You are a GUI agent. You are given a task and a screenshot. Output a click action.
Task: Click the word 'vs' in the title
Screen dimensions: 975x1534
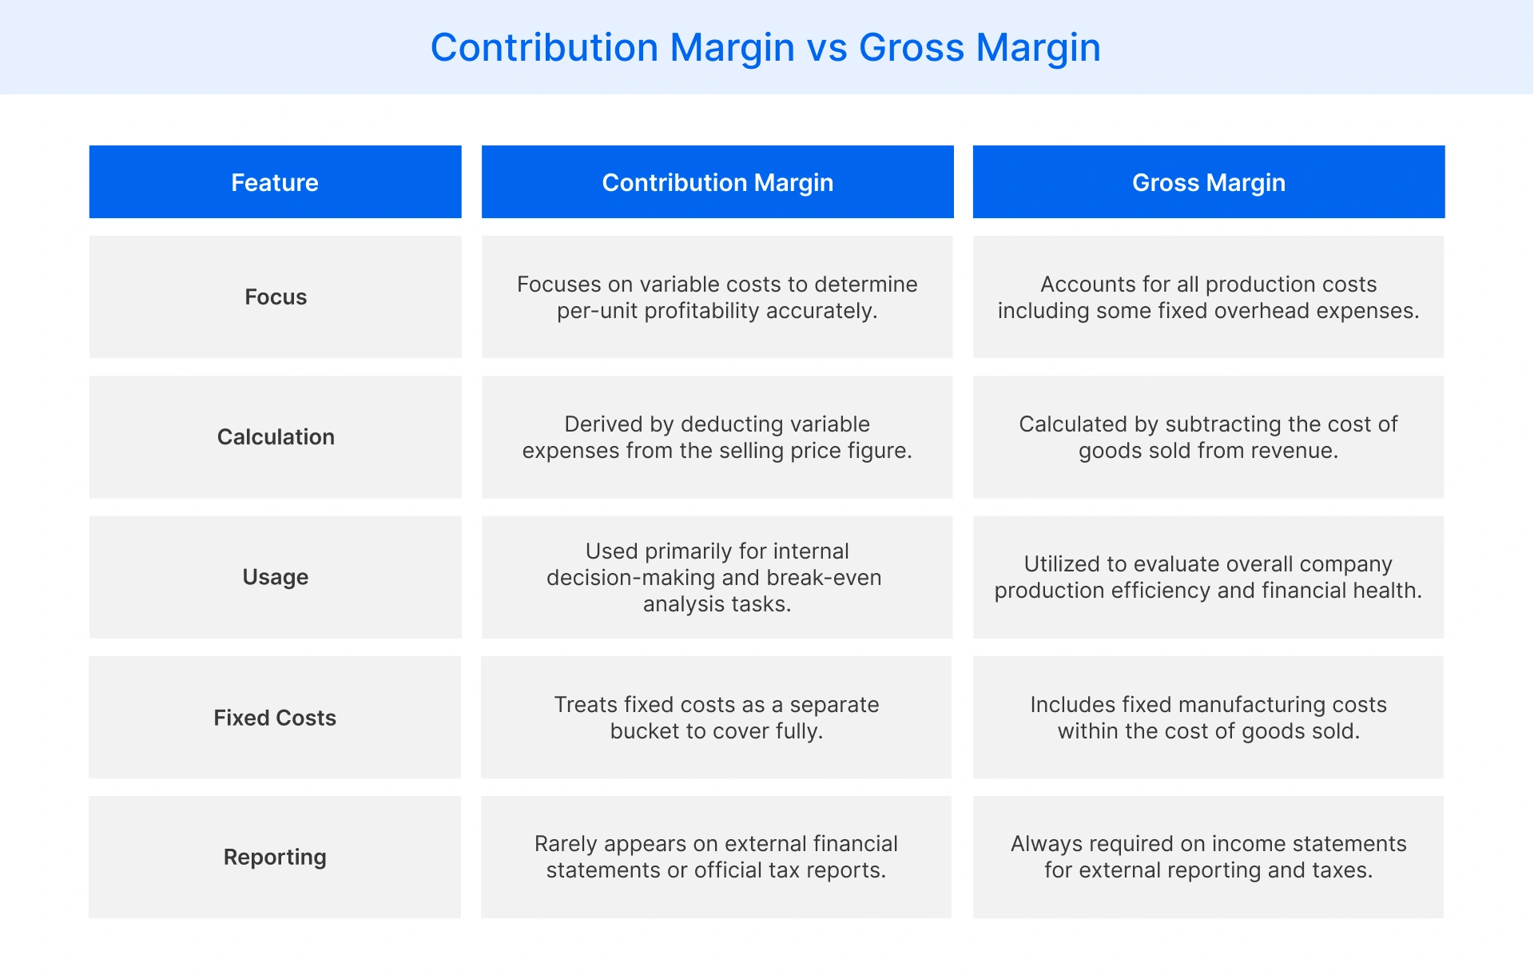pyautogui.click(x=826, y=48)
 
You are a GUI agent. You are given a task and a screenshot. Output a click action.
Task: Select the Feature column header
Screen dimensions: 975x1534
pyautogui.click(x=275, y=182)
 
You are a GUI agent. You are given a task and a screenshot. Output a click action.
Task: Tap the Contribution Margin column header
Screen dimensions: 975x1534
pyautogui.click(x=717, y=182)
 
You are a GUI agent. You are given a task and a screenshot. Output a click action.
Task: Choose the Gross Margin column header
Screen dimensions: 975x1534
pyautogui.click(x=1208, y=182)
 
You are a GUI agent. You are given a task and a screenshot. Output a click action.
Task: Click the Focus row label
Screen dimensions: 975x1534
pyautogui.click(x=276, y=297)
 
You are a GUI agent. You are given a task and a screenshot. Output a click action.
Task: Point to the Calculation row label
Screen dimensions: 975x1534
pyautogui.click(x=276, y=437)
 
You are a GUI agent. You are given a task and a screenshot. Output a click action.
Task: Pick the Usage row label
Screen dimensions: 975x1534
pyautogui.click(x=276, y=577)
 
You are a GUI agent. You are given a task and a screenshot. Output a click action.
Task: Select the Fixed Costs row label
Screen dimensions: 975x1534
pyautogui.click(x=275, y=718)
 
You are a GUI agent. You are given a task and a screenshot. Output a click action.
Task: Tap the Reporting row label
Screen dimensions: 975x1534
pyautogui.click(x=275, y=857)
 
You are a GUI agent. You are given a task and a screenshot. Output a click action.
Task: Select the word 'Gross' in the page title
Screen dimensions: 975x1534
pyautogui.click(x=912, y=48)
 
